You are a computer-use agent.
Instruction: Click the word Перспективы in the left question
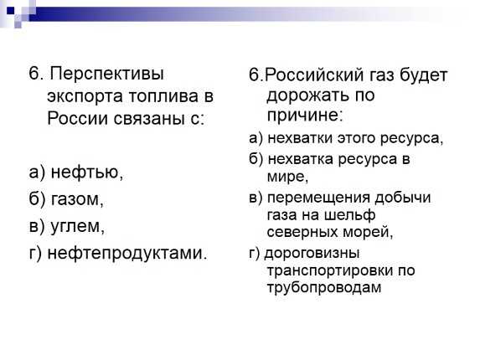[x=106, y=75]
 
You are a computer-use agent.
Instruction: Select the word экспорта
[x=85, y=96]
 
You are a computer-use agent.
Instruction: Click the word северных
[x=302, y=232]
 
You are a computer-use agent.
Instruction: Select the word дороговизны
[x=312, y=254]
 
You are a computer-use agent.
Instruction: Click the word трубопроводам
[x=324, y=288]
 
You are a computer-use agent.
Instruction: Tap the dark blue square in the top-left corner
[x=10, y=11]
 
